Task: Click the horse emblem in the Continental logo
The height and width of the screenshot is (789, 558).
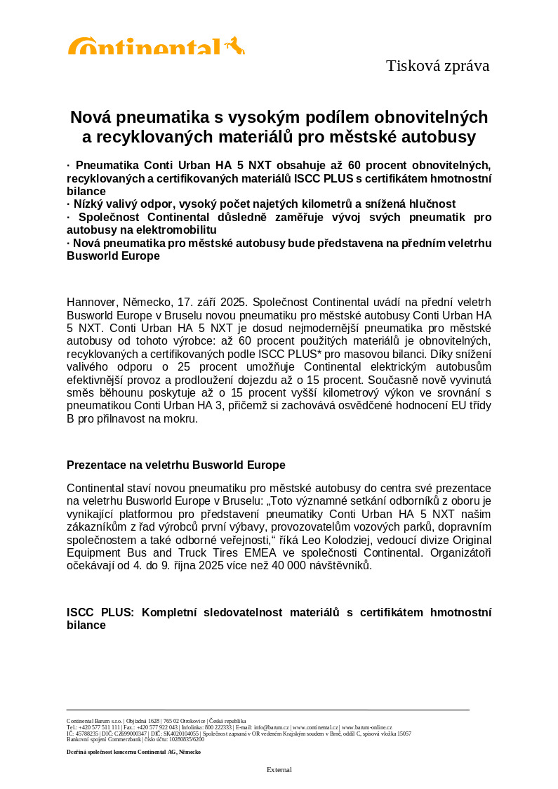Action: (236, 46)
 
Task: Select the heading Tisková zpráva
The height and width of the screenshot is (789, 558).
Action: (437, 66)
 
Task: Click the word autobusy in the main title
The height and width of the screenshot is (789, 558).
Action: (441, 136)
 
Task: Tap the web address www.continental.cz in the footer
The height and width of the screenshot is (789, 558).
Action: (316, 728)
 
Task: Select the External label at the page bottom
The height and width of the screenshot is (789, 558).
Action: (279, 770)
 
